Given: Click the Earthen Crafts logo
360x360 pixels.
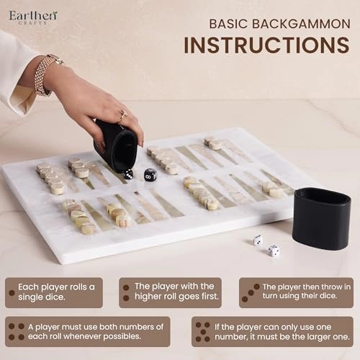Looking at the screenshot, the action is tap(33, 17).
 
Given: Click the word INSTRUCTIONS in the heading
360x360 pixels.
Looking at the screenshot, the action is tap(266, 45).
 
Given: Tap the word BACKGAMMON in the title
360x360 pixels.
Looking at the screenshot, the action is tap(301, 24).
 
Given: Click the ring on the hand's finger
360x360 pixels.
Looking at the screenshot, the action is tap(122, 116).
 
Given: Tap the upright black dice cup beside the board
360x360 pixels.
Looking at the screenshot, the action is tap(322, 215).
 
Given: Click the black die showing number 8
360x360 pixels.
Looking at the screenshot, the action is tap(150, 175).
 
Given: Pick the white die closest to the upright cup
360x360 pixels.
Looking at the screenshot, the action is tap(274, 251).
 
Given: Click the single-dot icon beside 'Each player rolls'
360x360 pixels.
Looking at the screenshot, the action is tap(12, 292).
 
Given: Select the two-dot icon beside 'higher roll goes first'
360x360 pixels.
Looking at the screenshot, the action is tap(126, 292).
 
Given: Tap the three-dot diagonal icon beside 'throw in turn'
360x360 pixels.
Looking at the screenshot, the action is tap(251, 293).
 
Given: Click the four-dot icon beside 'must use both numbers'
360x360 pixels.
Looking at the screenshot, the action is tap(17, 332).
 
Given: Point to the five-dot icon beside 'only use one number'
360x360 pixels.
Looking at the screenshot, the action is tap(203, 332).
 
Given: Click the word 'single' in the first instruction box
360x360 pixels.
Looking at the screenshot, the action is tap(30, 297).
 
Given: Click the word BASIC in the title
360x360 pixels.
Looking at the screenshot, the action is tap(228, 24).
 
